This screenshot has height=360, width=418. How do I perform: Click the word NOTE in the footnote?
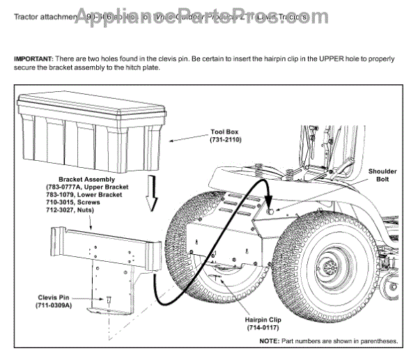[269, 341]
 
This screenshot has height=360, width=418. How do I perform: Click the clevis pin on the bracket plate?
[109, 299]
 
